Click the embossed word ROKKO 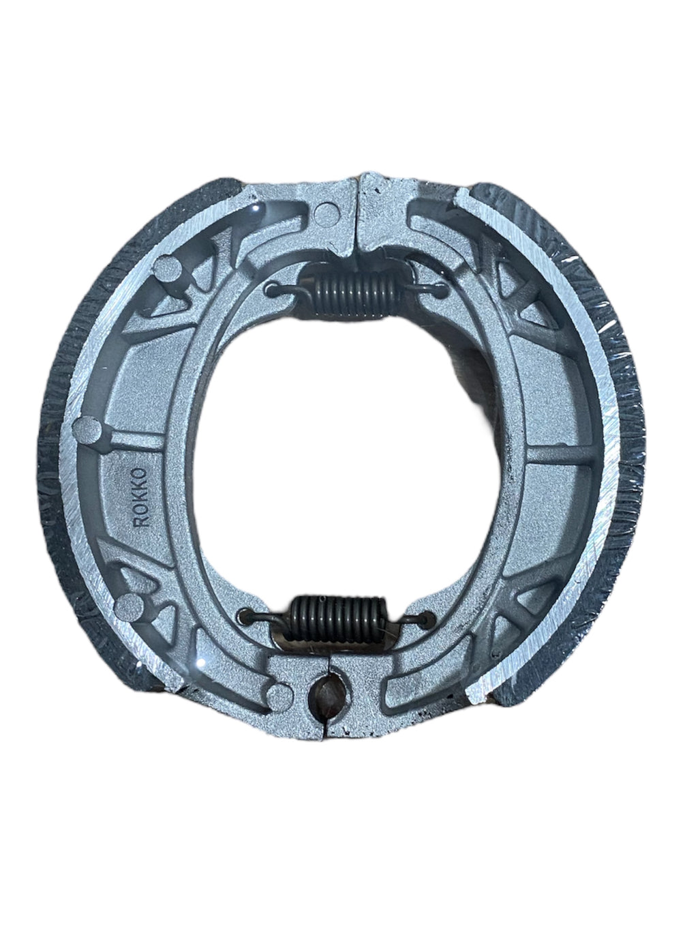point(140,497)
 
